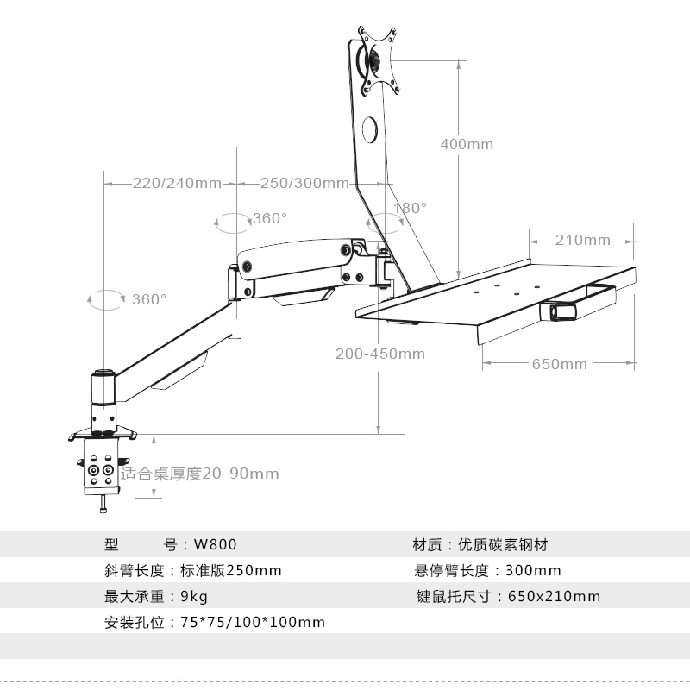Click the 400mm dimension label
tap(467, 144)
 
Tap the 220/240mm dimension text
tap(177, 183)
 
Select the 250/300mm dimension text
tap(304, 183)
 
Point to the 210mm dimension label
tap(582, 240)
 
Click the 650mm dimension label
tap(559, 364)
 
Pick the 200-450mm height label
tap(380, 354)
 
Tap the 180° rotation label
tap(411, 208)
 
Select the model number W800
tap(215, 544)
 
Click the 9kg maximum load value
tap(194, 596)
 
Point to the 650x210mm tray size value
tap(555, 596)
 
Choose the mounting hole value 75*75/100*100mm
tap(253, 622)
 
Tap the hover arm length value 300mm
tap(535, 570)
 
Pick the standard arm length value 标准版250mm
tap(231, 570)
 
